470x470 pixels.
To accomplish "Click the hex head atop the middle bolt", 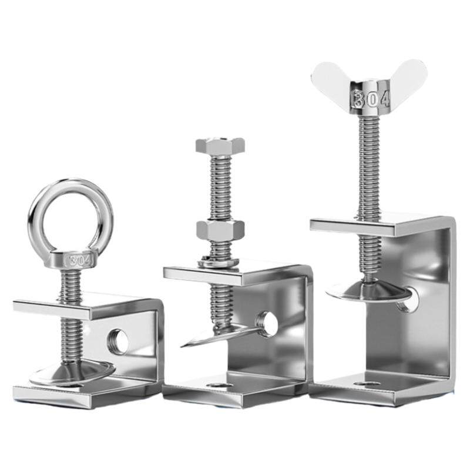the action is [x=220, y=145].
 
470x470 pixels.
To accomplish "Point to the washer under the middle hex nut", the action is [x=218, y=262].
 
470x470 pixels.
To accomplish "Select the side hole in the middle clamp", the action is [x=266, y=324].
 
